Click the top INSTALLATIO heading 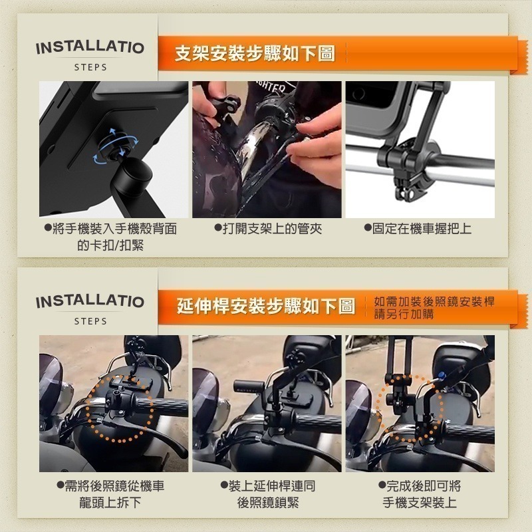90,48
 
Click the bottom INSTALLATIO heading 90,301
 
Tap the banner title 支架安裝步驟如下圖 255,53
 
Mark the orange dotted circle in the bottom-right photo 407,406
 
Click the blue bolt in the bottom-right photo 441,375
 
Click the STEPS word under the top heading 90,68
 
